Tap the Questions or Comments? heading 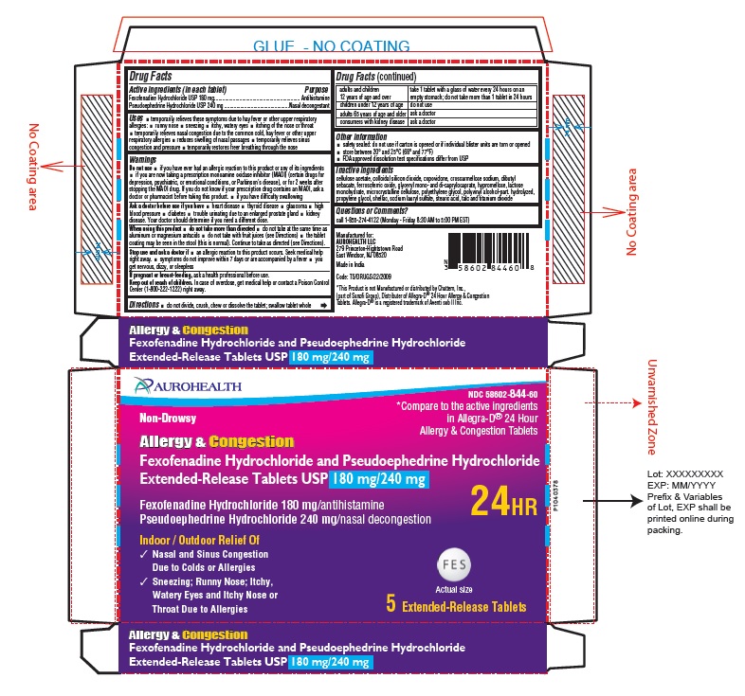(x=377, y=211)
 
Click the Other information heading (x=365, y=136)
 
